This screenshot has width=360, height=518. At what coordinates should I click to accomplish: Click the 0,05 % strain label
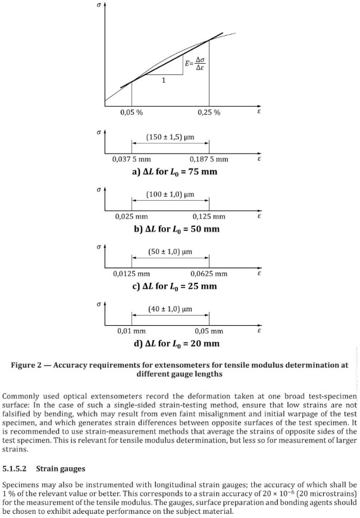point(131,113)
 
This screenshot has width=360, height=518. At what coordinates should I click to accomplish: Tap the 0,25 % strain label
point(209,113)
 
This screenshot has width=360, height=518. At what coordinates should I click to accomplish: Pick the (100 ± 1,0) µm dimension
point(171,194)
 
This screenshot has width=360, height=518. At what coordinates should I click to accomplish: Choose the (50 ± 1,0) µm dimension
point(171,252)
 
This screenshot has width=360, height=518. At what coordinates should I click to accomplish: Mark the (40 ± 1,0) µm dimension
point(171,309)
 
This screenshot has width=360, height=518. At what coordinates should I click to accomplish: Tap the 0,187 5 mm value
point(209,159)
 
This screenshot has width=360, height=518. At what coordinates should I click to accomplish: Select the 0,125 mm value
point(209,216)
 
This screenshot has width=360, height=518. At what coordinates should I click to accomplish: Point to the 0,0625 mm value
point(209,273)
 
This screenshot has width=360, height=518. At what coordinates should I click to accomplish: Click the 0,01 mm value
point(132,330)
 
